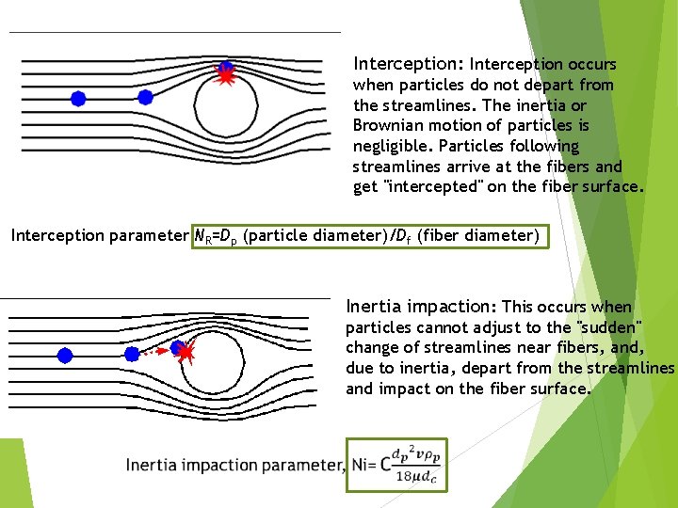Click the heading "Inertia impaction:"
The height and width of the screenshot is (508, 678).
pos(421,306)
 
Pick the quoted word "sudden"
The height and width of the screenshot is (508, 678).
pos(609,327)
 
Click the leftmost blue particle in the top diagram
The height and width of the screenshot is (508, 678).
pos(78,98)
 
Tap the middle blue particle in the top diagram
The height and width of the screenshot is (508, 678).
pos(145,97)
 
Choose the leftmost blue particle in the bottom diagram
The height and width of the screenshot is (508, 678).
pos(64,355)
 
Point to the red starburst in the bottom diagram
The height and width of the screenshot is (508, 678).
pos(186,353)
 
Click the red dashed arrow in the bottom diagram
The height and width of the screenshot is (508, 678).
pos(157,351)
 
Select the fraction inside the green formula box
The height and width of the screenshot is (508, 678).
pos(412,464)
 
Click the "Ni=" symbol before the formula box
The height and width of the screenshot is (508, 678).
pos(360,464)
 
